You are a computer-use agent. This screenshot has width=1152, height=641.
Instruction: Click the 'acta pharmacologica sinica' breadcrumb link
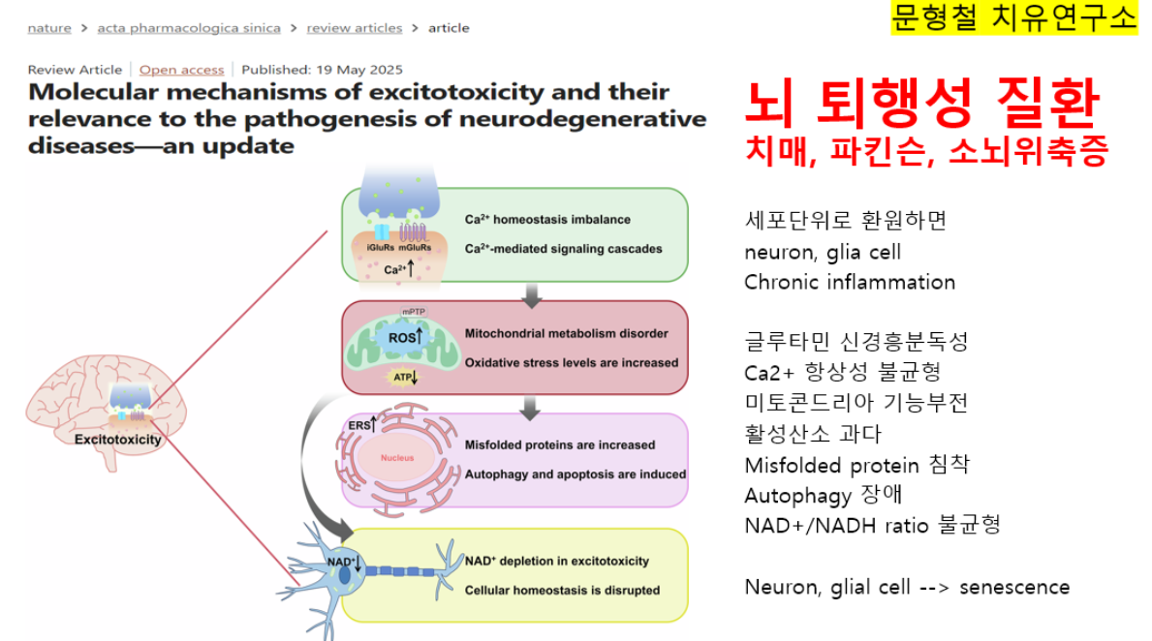pyautogui.click(x=189, y=28)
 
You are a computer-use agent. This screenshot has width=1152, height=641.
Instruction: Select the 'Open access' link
pyautogui.click(x=181, y=70)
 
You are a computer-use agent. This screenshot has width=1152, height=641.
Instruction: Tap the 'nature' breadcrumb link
pyautogui.click(x=49, y=28)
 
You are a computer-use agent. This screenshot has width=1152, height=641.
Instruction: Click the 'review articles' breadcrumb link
pyautogui.click(x=354, y=28)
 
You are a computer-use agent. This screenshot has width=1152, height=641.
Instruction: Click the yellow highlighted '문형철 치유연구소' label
pyautogui.click(x=1014, y=17)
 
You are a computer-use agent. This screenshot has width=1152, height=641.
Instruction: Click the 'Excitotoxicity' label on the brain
pyautogui.click(x=118, y=439)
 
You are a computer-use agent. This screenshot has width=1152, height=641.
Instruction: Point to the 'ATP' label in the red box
pyautogui.click(x=400, y=377)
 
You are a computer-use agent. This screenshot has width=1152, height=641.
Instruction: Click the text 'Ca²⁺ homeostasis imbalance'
pyautogui.click(x=547, y=220)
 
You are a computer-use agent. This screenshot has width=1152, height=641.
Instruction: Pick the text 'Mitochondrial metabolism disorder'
pyautogui.click(x=566, y=334)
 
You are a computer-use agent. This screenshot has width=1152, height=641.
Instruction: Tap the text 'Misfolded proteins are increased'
pyautogui.click(x=559, y=445)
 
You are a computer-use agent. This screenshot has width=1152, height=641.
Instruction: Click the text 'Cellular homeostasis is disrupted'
pyautogui.click(x=562, y=590)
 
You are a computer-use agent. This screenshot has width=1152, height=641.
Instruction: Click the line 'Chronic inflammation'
pyautogui.click(x=850, y=283)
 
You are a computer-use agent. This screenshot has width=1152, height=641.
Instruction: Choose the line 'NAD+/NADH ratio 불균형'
pyautogui.click(x=872, y=526)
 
